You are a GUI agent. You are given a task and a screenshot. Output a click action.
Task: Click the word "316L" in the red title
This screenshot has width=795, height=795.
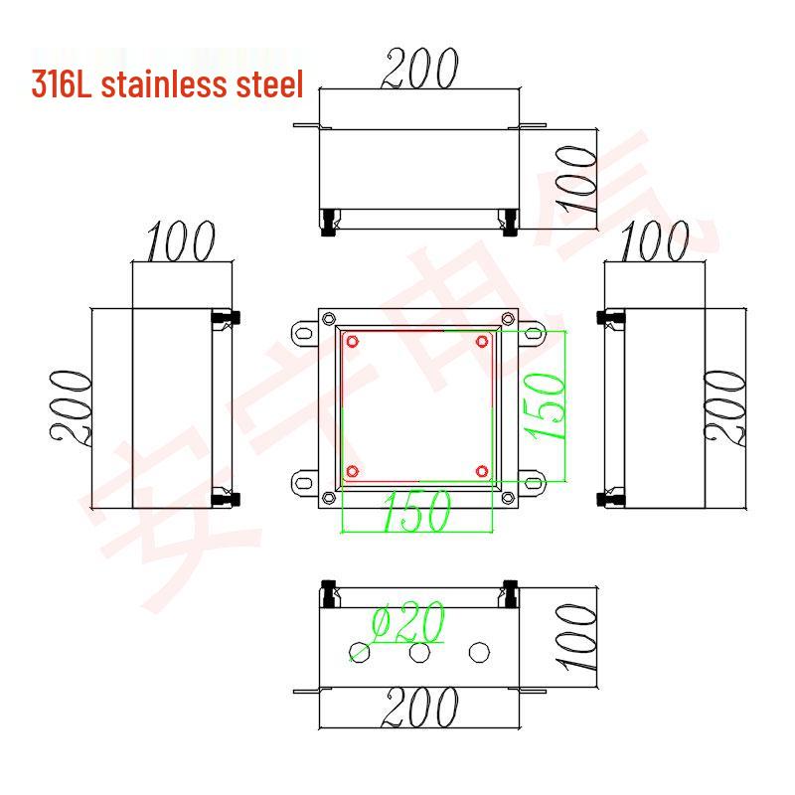62,84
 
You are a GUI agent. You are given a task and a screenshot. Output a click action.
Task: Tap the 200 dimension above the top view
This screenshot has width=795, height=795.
420,69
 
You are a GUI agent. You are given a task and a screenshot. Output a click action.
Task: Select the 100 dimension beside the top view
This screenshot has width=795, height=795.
577,180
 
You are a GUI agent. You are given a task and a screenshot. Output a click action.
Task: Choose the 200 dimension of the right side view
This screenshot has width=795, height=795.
724,407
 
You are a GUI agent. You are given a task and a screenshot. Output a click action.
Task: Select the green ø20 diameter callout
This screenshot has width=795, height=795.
407,624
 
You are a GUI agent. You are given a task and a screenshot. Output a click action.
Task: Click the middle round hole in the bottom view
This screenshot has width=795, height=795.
420,652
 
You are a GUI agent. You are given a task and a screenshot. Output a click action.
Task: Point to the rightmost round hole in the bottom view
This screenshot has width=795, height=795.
480,652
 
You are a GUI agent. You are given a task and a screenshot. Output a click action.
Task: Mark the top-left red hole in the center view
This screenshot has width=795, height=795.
352,342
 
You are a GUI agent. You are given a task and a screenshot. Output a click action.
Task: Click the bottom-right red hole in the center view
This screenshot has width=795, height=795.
482,470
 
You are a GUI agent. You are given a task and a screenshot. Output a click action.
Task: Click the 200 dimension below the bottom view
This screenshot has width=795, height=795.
420,709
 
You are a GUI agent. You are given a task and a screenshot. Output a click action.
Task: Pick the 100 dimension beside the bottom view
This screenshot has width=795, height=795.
577,641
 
